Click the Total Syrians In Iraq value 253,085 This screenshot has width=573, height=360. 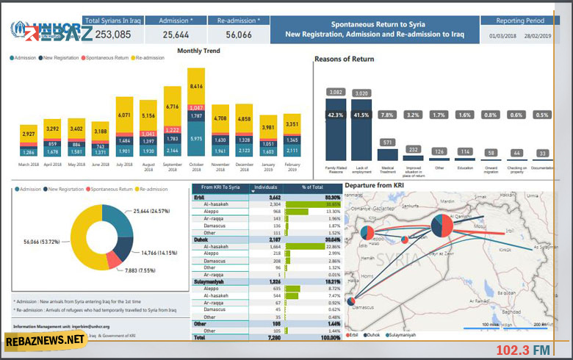(x=113, y=35)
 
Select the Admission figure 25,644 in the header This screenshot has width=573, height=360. (x=176, y=35)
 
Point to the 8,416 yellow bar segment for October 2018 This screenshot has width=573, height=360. (x=196, y=86)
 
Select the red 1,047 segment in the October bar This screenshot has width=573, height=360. (x=196, y=107)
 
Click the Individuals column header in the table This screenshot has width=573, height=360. (x=265, y=188)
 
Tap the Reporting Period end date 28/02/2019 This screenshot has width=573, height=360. (x=538, y=35)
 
